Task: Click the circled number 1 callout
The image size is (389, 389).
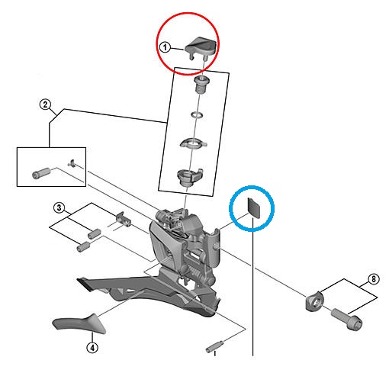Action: click(x=166, y=47)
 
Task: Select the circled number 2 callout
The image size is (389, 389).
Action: click(x=45, y=104)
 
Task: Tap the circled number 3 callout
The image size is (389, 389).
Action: click(x=59, y=207)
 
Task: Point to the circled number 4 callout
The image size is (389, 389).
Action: click(x=92, y=347)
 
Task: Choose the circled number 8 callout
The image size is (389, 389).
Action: click(x=374, y=279)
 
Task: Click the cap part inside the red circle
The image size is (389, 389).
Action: click(x=201, y=47)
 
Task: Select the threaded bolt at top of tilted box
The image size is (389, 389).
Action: click(x=201, y=85)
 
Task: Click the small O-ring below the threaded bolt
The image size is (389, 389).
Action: click(x=198, y=114)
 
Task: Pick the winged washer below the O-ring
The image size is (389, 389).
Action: click(x=193, y=143)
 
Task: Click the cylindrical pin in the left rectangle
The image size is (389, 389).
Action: click(x=41, y=173)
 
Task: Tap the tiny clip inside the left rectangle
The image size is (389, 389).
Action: click(x=72, y=163)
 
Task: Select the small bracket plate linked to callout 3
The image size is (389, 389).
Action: click(x=124, y=219)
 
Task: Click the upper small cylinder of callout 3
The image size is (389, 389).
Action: click(x=94, y=233)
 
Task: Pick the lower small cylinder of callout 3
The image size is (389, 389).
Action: click(x=83, y=247)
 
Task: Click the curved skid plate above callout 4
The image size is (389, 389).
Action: click(x=79, y=323)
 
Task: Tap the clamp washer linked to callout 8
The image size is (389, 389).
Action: click(x=314, y=301)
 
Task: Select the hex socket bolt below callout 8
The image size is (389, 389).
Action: click(x=347, y=319)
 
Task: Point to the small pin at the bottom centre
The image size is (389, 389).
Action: click(x=214, y=346)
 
